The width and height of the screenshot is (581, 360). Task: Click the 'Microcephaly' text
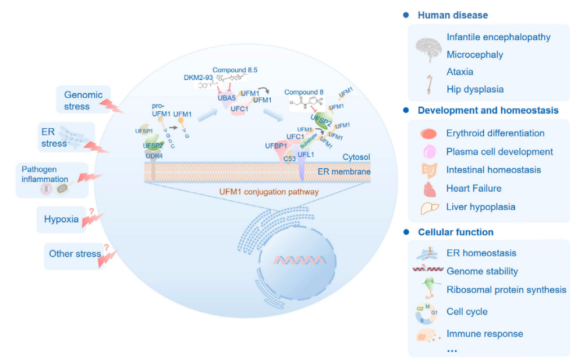pos(474,55)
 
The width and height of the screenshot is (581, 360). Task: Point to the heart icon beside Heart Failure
pos(428,188)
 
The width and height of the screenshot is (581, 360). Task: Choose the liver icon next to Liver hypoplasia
pos(428,207)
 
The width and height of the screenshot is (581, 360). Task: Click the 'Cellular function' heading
pos(455,232)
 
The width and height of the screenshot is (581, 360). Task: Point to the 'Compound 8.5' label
pos(235,70)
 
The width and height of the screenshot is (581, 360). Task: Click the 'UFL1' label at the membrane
pos(306,154)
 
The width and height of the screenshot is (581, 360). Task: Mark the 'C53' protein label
pos(290,158)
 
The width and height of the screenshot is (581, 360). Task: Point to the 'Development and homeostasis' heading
pos(488,110)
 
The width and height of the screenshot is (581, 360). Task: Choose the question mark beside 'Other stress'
pos(107,247)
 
